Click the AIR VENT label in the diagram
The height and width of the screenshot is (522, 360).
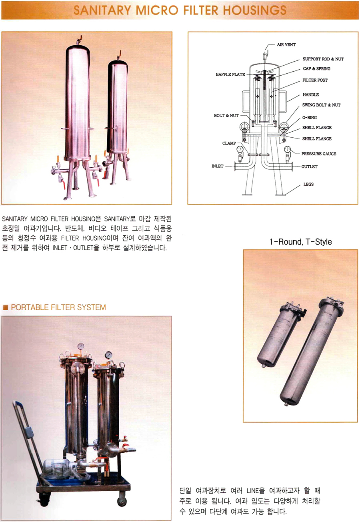(286, 44)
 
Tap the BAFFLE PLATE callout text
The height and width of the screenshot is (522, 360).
(230, 74)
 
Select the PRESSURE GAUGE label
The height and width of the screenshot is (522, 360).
(318, 154)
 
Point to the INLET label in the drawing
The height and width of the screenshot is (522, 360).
(217, 166)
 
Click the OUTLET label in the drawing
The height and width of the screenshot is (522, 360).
(309, 167)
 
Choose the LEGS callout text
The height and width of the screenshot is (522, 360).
(308, 184)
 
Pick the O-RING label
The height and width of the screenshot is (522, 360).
(310, 117)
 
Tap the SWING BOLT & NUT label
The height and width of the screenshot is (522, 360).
(321, 105)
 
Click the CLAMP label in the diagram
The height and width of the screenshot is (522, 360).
(229, 143)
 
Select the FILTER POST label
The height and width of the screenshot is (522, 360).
(315, 80)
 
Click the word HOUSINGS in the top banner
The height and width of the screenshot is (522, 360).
(254, 10)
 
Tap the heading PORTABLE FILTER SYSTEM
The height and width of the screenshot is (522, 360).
(58, 307)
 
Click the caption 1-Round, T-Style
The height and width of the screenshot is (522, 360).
(301, 242)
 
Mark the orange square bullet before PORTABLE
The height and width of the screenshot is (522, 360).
(5, 307)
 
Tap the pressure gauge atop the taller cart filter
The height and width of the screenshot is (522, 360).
(80, 347)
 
